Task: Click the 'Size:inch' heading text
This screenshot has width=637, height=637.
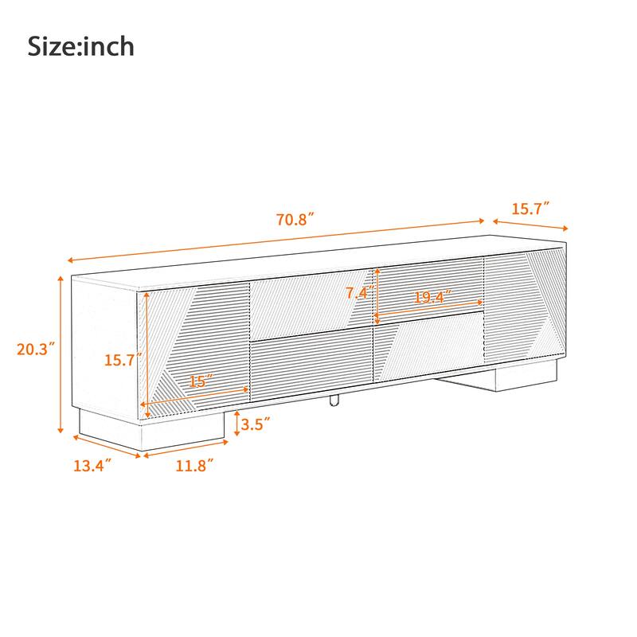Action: click(x=81, y=46)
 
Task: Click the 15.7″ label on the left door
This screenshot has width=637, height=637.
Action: click(x=123, y=359)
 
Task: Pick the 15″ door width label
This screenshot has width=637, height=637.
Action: click(x=199, y=381)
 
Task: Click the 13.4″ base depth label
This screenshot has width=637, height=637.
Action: click(x=92, y=465)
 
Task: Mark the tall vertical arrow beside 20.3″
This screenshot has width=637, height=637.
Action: click(x=61, y=354)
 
